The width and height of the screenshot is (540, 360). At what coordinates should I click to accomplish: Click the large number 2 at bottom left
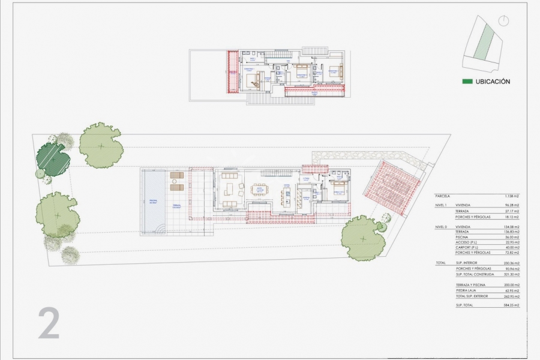pos(49,323)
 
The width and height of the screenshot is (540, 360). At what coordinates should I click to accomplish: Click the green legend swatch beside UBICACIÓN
pos(467,82)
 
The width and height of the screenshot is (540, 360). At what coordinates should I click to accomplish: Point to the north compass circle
pos(503,22)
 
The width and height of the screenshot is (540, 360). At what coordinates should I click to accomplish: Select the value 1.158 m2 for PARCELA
pos(511,196)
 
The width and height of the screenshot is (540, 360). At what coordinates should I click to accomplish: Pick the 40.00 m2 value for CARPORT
pos(512,247)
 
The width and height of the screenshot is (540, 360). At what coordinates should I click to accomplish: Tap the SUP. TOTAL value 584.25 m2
pos(511,305)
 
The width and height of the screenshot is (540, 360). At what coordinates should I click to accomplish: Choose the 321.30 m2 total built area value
pos(511,274)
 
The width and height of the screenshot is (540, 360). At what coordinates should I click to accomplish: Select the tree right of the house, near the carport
pos(363,238)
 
